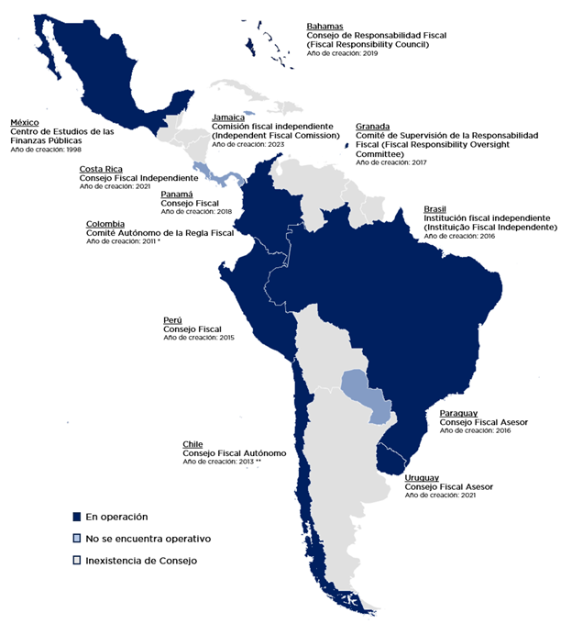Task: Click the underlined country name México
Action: pyautogui.click(x=25, y=122)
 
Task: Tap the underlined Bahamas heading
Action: pyautogui.click(x=326, y=27)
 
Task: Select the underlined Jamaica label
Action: pyautogui.click(x=228, y=117)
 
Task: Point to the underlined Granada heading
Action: pyautogui.click(x=373, y=126)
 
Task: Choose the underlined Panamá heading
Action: pyautogui.click(x=177, y=195)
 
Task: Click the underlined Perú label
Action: pyautogui.click(x=174, y=320)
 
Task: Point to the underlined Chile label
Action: pyautogui.click(x=192, y=444)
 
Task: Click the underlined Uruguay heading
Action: pyautogui.click(x=423, y=478)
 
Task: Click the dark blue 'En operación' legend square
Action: pyautogui.click(x=78, y=516)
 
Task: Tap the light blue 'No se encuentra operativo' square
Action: pyautogui.click(x=78, y=538)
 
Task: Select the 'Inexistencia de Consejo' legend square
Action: pyautogui.click(x=78, y=560)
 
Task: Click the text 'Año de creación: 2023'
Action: pyautogui.click(x=248, y=144)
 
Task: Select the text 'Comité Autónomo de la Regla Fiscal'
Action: pyautogui.click(x=159, y=233)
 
